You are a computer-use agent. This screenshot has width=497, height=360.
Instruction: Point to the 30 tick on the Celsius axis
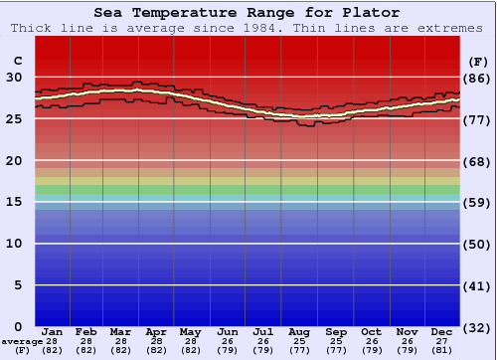click(x=14, y=77)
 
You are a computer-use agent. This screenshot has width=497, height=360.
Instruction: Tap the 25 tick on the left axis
click(x=14, y=118)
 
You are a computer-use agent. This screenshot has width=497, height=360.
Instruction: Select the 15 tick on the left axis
click(x=14, y=202)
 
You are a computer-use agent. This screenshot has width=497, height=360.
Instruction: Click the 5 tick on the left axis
click(x=18, y=285)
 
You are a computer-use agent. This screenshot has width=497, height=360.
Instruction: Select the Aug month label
click(x=300, y=331)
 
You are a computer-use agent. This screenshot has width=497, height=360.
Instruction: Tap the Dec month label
click(x=442, y=331)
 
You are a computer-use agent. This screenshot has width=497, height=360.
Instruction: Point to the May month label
click(x=191, y=331)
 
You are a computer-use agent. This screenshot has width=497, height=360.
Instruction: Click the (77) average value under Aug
click(x=300, y=350)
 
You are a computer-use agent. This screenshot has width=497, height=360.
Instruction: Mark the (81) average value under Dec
click(x=442, y=350)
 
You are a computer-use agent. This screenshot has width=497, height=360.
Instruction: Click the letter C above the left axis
click(x=17, y=61)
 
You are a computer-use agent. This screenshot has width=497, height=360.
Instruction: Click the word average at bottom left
click(x=21, y=341)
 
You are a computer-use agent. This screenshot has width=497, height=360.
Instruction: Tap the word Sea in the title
click(x=112, y=13)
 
